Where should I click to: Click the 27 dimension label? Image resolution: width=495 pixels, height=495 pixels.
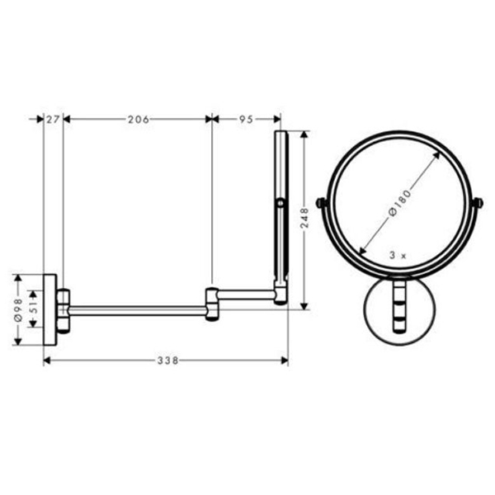click(x=53, y=120)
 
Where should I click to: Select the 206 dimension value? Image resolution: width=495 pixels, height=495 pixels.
click(x=139, y=120)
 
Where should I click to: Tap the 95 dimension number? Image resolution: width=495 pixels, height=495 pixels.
click(x=246, y=120)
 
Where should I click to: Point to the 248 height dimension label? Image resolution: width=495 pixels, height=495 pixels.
click(x=304, y=218)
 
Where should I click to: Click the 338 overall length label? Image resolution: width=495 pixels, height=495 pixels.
click(x=168, y=361)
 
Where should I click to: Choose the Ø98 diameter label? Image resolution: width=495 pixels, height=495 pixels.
click(x=18, y=310)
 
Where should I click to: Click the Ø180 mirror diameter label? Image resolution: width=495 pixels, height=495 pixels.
click(x=400, y=203)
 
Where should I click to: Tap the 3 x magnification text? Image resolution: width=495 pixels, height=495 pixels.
click(x=398, y=256)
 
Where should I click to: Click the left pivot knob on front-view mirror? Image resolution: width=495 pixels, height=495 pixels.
click(x=320, y=202)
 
